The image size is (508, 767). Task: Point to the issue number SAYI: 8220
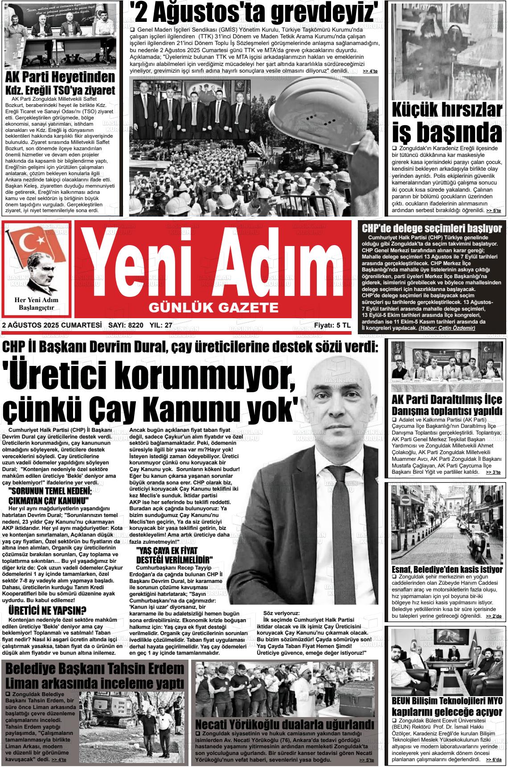click(126, 325)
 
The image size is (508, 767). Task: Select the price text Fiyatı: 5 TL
click(332, 325)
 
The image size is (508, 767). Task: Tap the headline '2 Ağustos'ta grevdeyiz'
click(254, 12)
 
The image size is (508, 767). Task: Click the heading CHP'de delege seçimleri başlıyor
click(431, 229)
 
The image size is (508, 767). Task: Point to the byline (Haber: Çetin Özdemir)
click(447, 328)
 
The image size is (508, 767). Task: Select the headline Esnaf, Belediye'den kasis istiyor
click(447, 570)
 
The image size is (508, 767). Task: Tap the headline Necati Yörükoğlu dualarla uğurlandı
click(285, 723)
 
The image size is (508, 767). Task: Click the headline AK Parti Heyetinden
click(60, 77)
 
